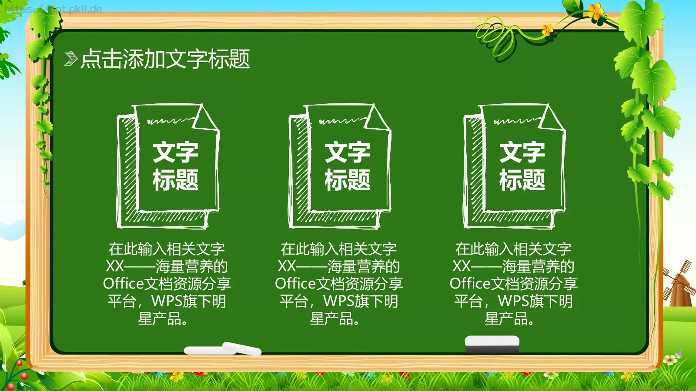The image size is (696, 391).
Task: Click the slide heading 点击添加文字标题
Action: click(165, 59)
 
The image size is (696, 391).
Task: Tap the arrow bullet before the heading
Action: click(70, 59)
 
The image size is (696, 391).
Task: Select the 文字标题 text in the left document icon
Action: click(175, 166)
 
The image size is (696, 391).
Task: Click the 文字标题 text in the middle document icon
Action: click(348, 166)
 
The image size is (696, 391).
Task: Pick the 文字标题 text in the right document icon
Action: click(522, 166)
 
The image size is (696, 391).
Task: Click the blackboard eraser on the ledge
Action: click(492, 344)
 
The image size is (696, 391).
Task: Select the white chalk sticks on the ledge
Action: click(223, 349)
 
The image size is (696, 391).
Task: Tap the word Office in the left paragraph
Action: click(123, 284)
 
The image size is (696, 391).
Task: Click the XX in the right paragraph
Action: click(461, 266)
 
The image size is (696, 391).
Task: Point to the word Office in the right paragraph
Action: click(470, 284)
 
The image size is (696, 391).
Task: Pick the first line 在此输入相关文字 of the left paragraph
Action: click(167, 249)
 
